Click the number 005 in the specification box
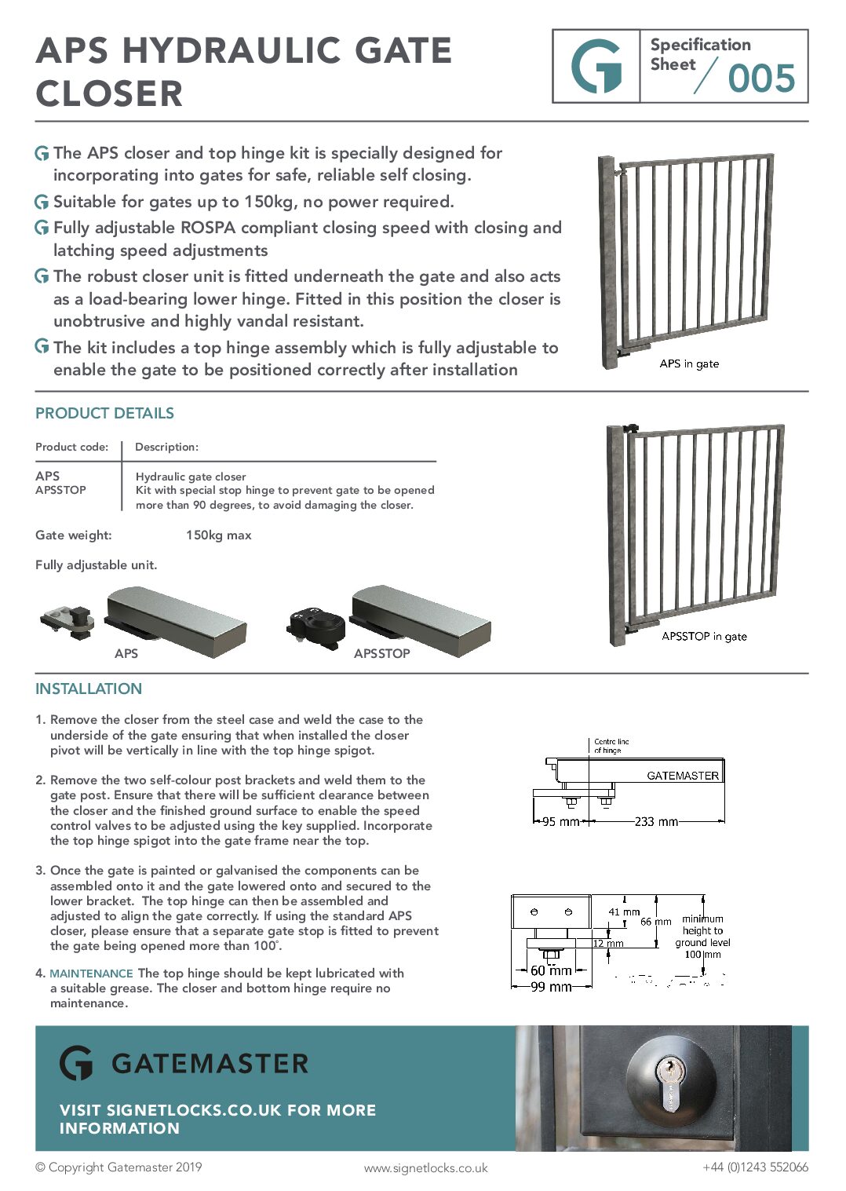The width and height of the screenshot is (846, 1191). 760,79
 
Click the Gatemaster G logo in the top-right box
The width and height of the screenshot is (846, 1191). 596,67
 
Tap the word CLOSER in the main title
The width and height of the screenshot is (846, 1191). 109,94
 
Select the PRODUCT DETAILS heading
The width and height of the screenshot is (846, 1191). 104,413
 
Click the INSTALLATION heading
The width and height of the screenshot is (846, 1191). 89,689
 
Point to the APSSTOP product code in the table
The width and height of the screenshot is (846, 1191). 60,490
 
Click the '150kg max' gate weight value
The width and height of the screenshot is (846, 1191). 218,535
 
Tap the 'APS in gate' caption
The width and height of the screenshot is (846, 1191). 689,364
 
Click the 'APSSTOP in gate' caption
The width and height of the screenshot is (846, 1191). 704,636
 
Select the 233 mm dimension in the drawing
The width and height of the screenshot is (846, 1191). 656,822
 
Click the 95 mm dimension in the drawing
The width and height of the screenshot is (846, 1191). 560,822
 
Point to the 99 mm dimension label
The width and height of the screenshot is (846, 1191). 550,987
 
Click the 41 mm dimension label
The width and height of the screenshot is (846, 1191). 624,912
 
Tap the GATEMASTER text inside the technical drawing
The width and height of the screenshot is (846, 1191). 682,776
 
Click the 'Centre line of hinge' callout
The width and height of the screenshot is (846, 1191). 611,746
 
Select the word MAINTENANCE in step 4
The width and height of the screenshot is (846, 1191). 91,974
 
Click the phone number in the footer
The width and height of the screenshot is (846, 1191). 755,1167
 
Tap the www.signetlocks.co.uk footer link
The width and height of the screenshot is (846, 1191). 425,1168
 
